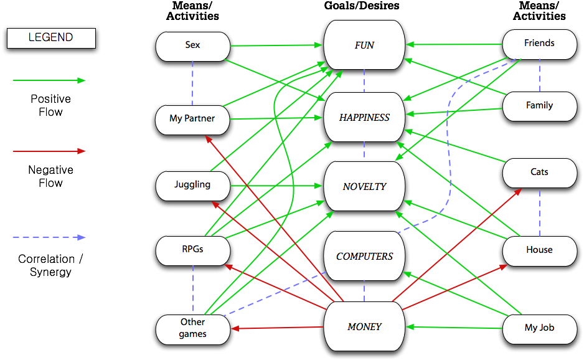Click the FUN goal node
[x=364, y=45]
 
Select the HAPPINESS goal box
[x=364, y=117]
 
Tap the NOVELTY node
[x=364, y=186]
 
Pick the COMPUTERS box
[x=364, y=256]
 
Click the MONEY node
[x=364, y=326]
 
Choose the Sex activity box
[x=192, y=45]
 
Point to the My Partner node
[x=192, y=118]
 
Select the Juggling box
[x=192, y=185]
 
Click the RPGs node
[x=192, y=249]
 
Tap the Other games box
[x=192, y=328]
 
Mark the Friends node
[x=539, y=44]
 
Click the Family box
[x=539, y=105]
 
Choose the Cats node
[x=539, y=172]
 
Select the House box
[x=539, y=250]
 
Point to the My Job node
[x=539, y=327]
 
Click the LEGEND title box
[x=50, y=38]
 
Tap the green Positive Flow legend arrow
[x=49, y=80]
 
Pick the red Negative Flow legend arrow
[x=49, y=151]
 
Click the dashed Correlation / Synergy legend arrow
[x=49, y=237]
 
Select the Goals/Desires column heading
[x=362, y=6]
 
